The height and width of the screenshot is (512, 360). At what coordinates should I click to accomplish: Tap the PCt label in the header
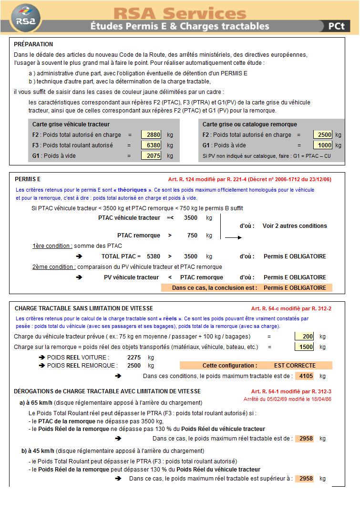tap(336, 27)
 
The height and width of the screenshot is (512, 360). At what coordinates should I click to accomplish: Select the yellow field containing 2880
tap(152, 135)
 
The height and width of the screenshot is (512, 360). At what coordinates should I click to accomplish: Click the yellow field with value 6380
tap(152, 145)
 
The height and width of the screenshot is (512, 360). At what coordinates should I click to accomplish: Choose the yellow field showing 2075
tap(152, 156)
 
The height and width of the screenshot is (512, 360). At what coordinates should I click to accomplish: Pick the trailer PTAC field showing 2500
tap(323, 135)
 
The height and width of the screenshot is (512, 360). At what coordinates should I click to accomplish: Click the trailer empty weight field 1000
tap(323, 145)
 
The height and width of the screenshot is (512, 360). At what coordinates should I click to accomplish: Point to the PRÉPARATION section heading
tap(33, 44)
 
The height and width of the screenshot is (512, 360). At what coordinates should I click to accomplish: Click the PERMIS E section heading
tap(28, 179)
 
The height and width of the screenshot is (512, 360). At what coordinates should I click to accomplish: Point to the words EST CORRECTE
tap(295, 366)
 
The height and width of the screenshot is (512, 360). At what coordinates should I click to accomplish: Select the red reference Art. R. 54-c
tap(291, 308)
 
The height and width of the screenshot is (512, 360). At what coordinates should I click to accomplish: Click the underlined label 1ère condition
tap(52, 246)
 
